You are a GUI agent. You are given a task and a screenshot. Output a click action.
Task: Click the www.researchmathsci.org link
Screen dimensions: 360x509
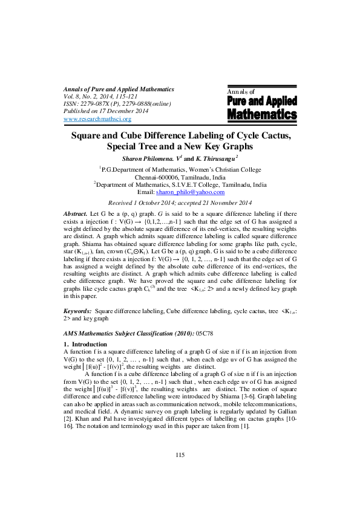(97, 119)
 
